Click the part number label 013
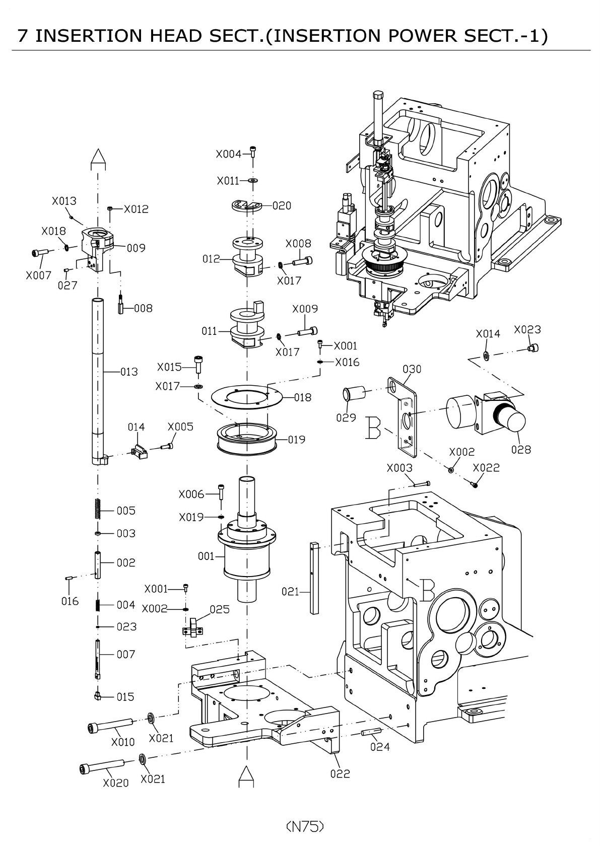tap(129, 372)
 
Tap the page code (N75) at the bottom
tap(304, 826)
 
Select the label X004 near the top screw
tap(229, 154)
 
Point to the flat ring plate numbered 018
tap(247, 397)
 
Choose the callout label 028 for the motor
tap(521, 449)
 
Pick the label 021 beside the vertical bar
tap(291, 592)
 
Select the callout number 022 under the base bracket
tap(340, 773)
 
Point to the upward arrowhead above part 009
tap(98, 160)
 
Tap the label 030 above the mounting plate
tap(412, 369)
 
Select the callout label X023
tap(527, 329)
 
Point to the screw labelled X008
tap(302, 261)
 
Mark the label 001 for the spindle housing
tap(206, 556)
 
